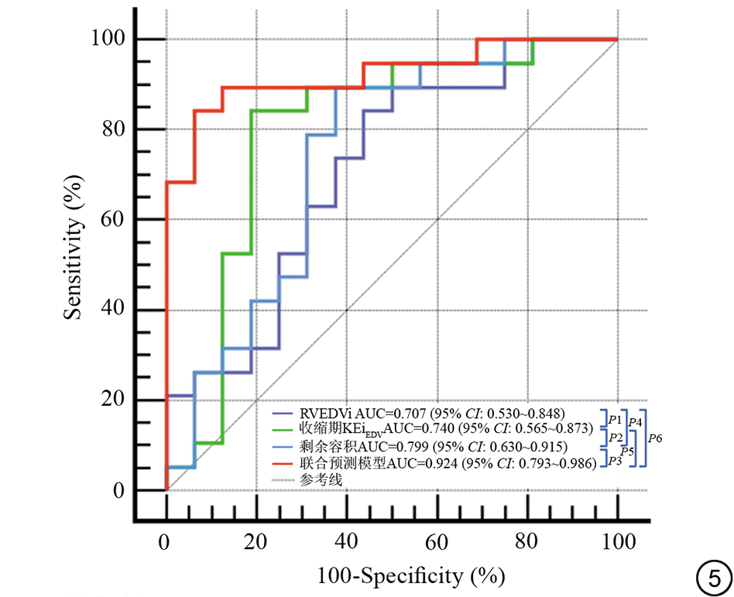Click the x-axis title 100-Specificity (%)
point(410,575)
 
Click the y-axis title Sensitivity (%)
point(74,246)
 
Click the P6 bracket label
point(655,438)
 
